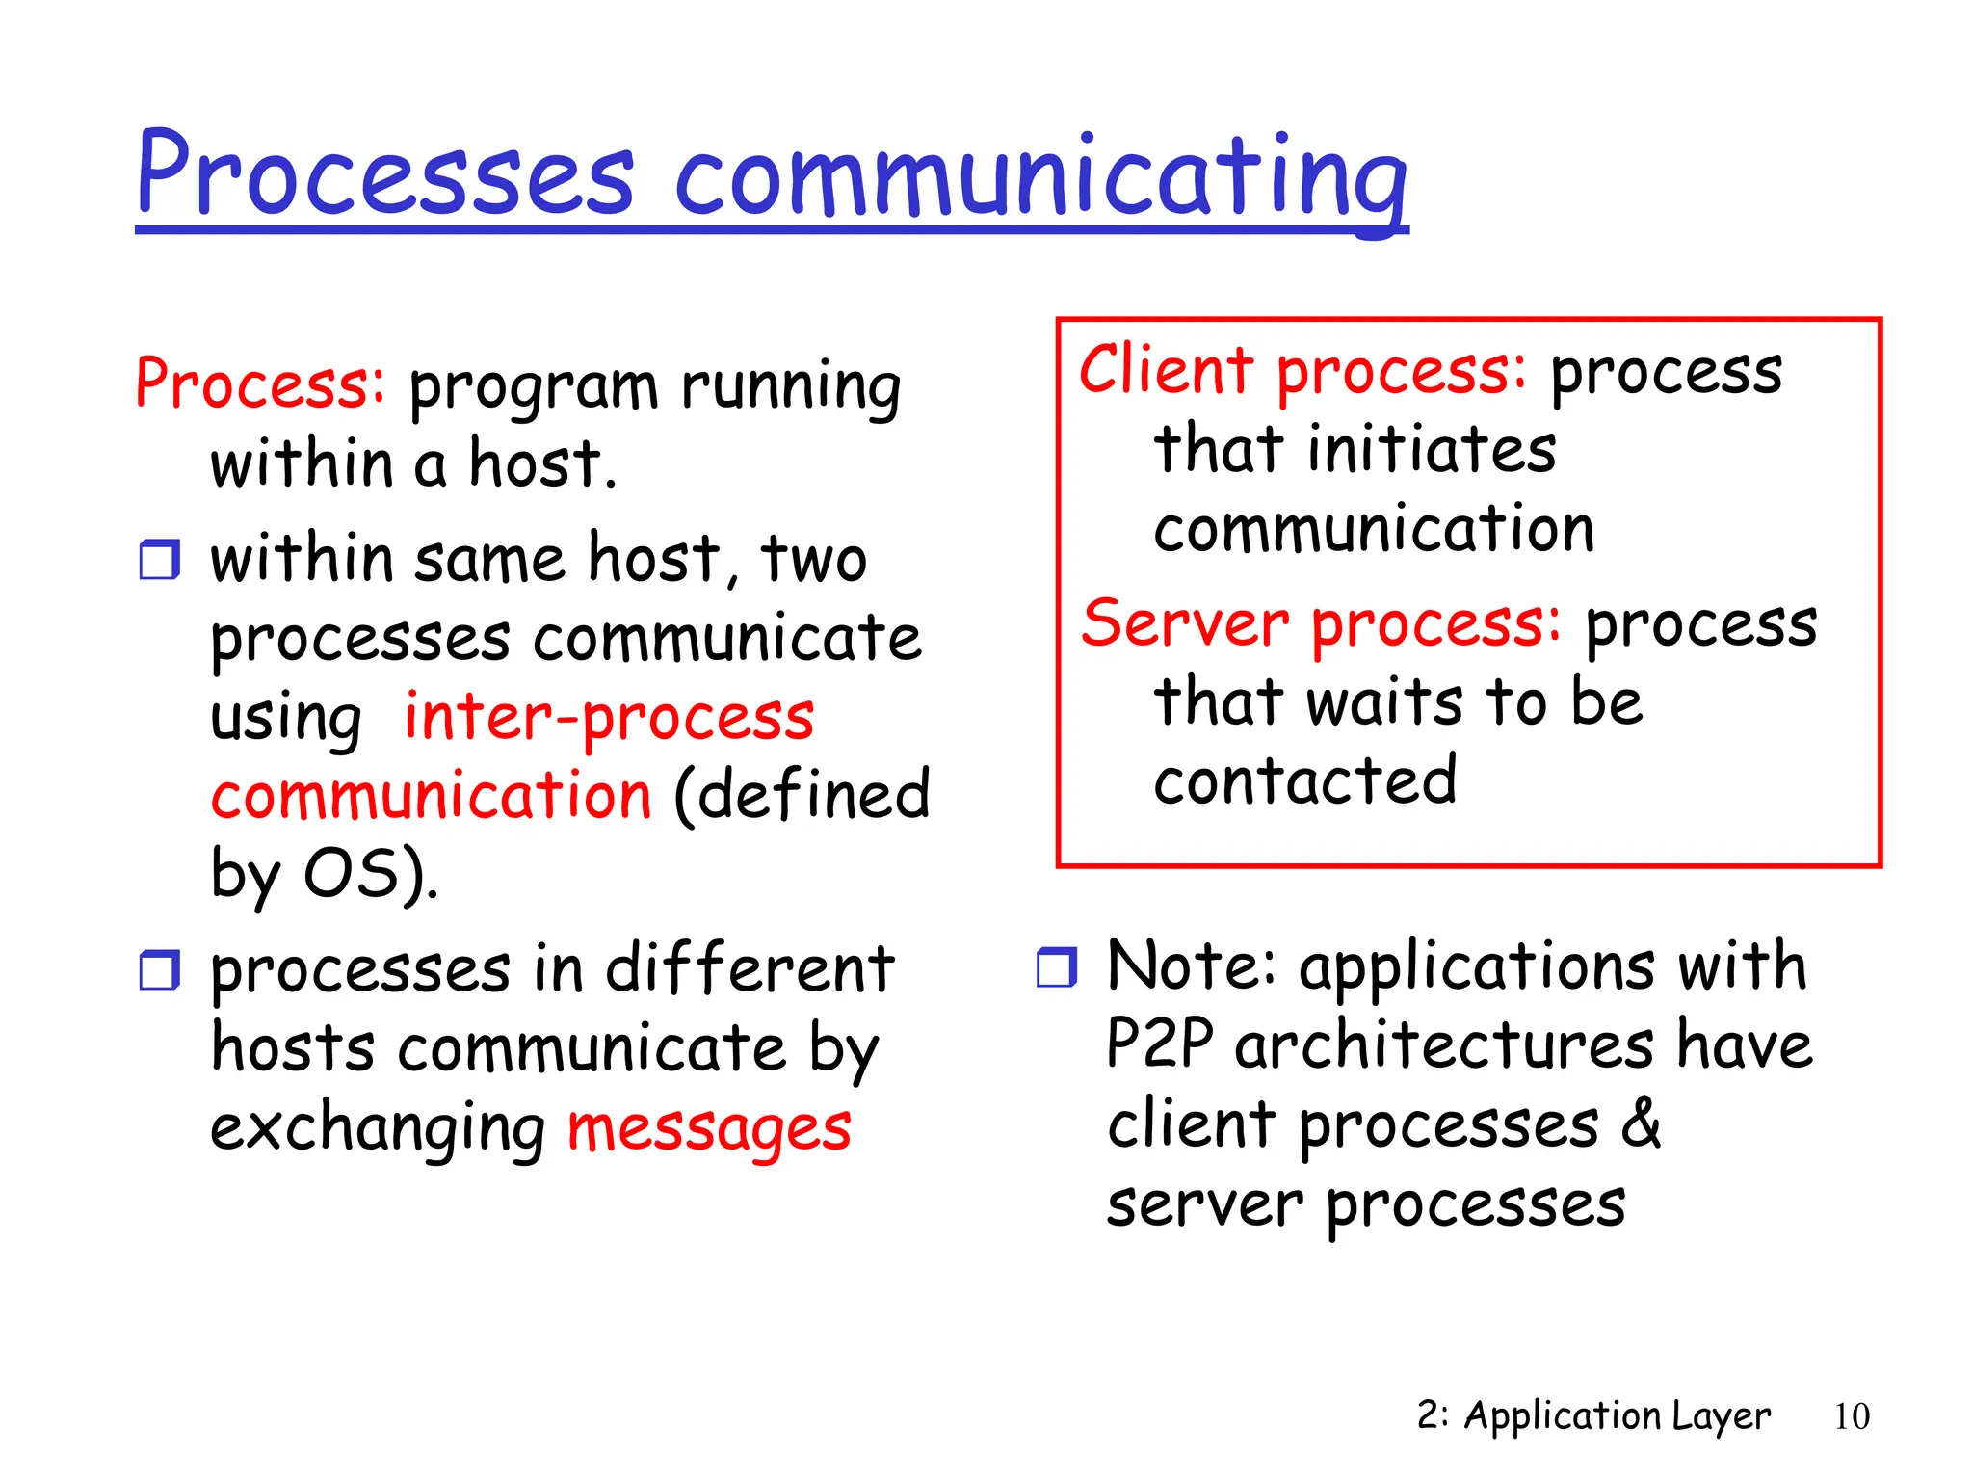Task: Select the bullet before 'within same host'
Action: click(159, 560)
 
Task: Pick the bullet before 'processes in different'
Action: click(159, 969)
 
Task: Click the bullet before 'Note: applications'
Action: click(1057, 966)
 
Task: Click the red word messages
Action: click(709, 1129)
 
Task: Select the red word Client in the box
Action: click(1165, 371)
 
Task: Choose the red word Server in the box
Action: click(1184, 623)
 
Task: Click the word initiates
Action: click(1432, 450)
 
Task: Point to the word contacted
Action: click(1305, 781)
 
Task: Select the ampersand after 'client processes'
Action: click(1641, 1123)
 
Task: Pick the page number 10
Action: click(1851, 1416)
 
